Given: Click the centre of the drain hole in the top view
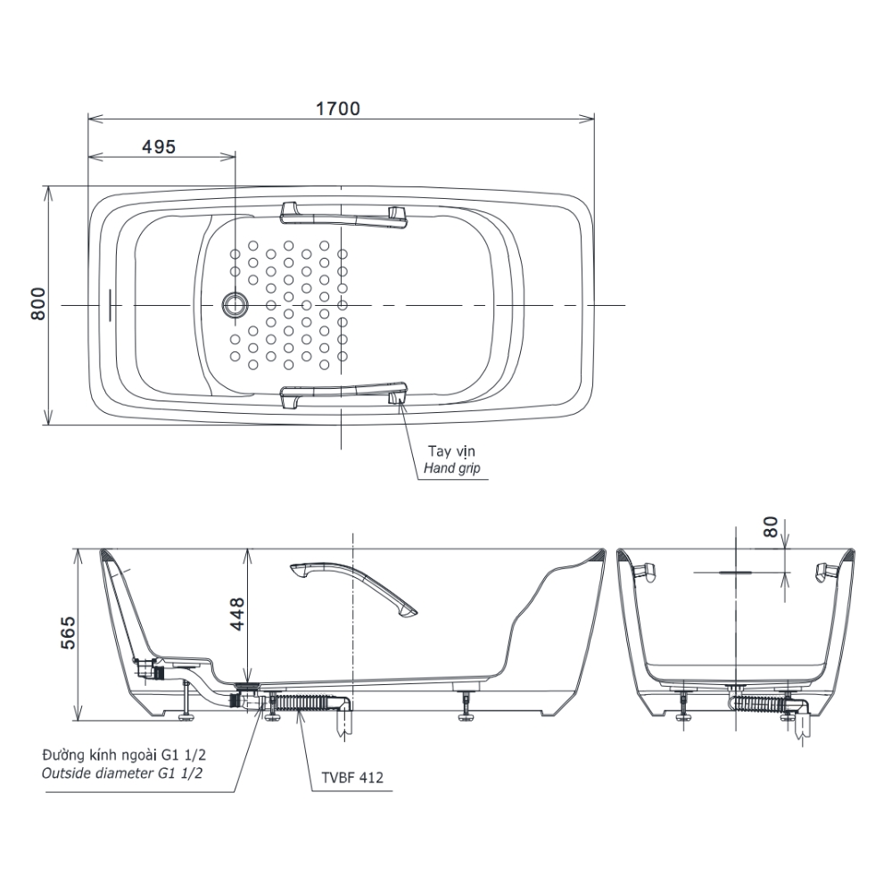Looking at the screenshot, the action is point(235,305).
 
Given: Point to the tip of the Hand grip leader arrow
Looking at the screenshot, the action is point(400,399).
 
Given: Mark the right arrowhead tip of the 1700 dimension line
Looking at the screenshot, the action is point(594,119).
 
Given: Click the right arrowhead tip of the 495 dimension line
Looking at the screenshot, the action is point(235,157).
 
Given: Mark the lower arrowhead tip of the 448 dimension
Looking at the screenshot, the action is point(248,681).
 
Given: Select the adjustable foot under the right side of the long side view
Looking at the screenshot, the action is point(467,707).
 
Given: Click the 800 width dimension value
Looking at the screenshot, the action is point(38,304).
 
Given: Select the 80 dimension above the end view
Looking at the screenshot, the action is point(771,527).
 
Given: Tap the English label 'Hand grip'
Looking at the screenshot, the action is point(451,468).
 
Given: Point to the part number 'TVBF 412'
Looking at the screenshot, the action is point(352,777).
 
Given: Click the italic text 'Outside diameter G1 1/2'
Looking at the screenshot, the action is point(121,773).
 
